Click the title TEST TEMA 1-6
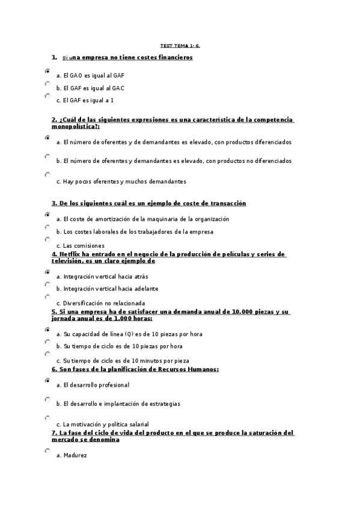(x=180, y=45)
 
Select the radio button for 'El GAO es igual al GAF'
(x=47, y=71)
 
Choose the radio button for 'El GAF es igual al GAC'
(x=47, y=84)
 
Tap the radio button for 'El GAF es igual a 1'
(x=47, y=96)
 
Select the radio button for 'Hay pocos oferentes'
(x=47, y=175)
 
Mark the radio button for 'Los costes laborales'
(x=47, y=227)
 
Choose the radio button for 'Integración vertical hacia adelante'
(x=47, y=284)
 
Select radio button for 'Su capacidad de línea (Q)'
(x=47, y=330)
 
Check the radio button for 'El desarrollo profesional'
(x=47, y=381)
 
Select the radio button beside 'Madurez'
(x=47, y=450)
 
